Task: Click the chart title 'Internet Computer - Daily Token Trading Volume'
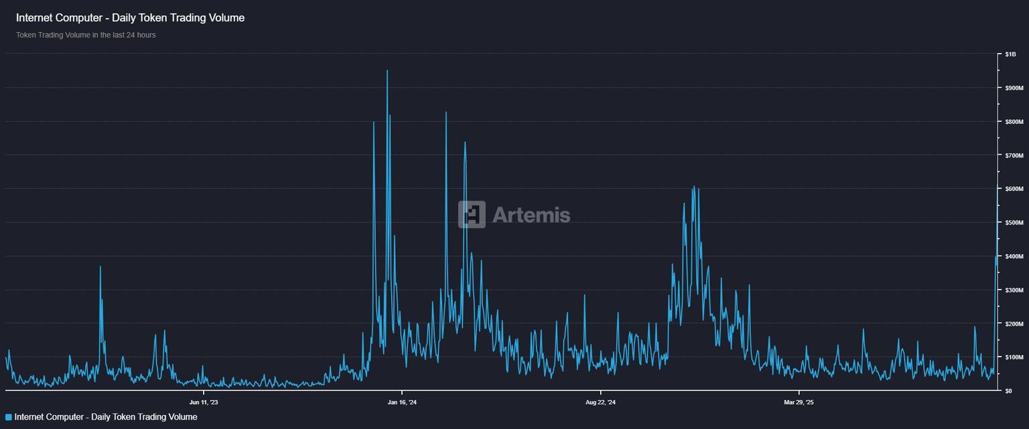(x=130, y=18)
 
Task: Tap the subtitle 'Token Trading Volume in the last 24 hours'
(x=86, y=35)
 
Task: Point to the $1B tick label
(x=1010, y=54)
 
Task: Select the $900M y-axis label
(x=1014, y=88)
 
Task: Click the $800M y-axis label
(x=1014, y=121)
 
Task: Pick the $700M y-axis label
(x=1014, y=156)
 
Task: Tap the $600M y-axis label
(x=1014, y=189)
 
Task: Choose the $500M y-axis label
(x=1014, y=223)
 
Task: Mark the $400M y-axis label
(x=1014, y=256)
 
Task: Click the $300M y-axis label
(x=1014, y=290)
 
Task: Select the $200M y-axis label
(x=1014, y=324)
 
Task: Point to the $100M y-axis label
(x=1014, y=357)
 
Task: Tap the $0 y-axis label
(x=1009, y=391)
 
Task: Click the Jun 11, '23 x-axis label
(x=204, y=403)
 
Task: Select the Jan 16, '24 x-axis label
(x=402, y=403)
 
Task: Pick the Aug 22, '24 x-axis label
(x=600, y=403)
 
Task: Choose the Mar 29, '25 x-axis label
(x=799, y=403)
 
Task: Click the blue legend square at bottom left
(x=9, y=417)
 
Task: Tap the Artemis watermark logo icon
(x=472, y=214)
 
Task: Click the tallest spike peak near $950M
(x=387, y=70)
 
